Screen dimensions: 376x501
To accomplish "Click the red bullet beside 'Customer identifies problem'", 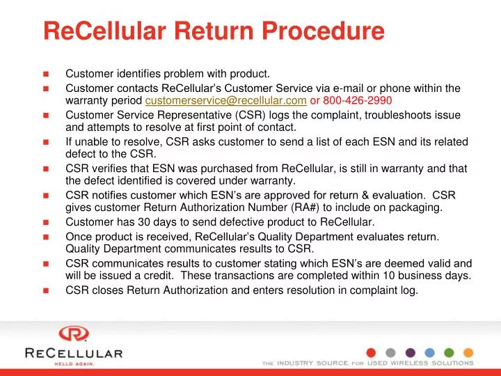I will point(46,74).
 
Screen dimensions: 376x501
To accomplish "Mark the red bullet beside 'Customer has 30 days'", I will point(46,223).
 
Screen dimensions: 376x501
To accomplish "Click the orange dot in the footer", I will point(468,352).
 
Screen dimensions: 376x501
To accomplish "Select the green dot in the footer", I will point(449,352).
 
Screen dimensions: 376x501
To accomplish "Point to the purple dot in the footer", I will point(410,352).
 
